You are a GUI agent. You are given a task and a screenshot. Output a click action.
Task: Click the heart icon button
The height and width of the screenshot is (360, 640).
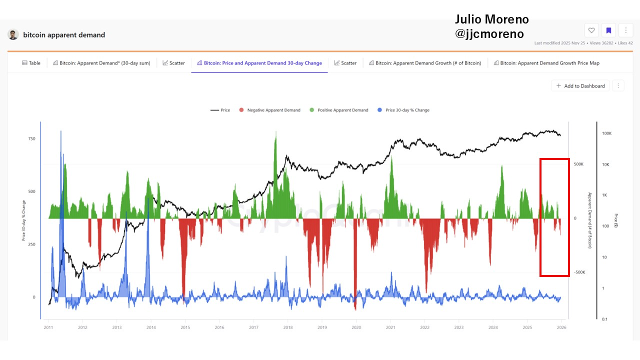point(591,30)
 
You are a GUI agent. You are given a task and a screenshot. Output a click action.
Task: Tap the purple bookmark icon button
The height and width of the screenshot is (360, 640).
point(608,30)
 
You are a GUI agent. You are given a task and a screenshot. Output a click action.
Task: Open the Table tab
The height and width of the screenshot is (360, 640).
point(31,63)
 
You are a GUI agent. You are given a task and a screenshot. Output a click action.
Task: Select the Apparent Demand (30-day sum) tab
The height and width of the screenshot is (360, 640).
point(101,63)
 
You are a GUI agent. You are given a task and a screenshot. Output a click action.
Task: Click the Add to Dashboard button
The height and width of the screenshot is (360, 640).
point(580,86)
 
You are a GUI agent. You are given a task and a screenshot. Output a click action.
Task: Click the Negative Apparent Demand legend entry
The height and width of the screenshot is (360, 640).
point(269,110)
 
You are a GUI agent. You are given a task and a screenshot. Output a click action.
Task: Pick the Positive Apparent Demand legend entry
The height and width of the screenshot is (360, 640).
point(338,110)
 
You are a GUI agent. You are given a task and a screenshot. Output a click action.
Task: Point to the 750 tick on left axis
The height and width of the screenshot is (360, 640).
point(31,138)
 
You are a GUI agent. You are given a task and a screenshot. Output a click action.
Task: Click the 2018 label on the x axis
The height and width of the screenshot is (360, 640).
point(288,327)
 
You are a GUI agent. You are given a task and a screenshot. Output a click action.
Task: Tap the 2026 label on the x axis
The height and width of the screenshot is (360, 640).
point(561,327)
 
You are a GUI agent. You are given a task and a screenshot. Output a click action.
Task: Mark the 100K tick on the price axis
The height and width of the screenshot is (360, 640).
point(606,133)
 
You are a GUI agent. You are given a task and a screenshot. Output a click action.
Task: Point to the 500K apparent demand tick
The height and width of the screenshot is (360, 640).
point(578,164)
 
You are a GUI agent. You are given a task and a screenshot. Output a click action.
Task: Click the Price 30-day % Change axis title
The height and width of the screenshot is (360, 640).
point(23,220)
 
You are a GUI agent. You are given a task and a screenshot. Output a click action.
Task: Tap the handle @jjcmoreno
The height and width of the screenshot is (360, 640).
point(489,34)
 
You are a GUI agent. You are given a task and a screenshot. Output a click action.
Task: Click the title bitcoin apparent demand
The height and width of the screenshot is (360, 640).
point(64,35)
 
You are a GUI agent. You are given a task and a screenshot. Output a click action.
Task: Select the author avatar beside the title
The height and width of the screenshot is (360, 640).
point(13,34)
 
